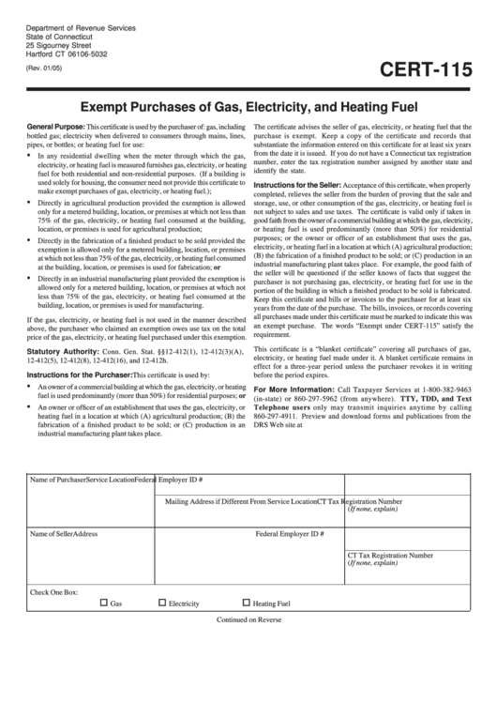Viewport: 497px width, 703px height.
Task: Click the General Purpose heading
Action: tap(56, 125)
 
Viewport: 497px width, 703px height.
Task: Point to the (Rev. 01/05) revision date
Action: tap(43, 68)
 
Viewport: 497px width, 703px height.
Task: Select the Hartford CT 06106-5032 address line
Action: tap(68, 53)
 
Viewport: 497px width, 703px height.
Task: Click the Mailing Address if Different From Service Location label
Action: tap(240, 501)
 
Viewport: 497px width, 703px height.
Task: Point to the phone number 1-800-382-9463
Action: tap(462, 389)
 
